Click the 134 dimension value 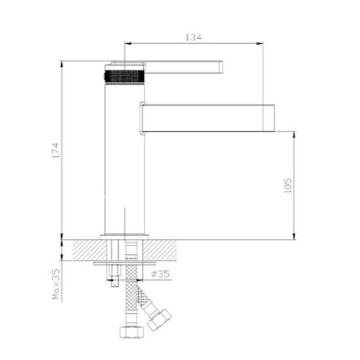[x=194, y=37]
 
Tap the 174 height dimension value [x=55, y=150]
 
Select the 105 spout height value [x=288, y=185]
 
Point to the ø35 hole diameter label [x=161, y=274]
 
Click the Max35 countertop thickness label [x=56, y=284]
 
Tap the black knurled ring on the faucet [x=125, y=76]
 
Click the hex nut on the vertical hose [x=132, y=332]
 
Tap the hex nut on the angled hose [x=159, y=320]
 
